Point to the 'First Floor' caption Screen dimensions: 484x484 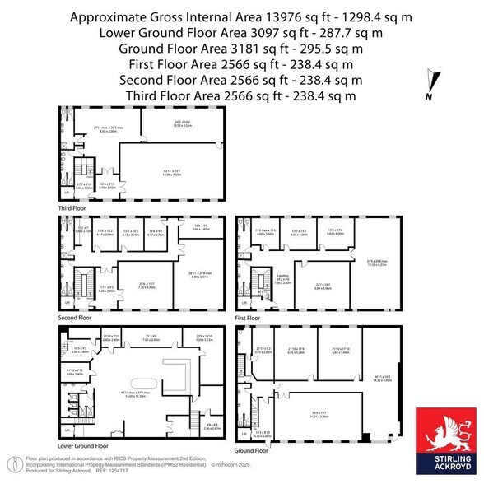(x=247, y=316)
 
